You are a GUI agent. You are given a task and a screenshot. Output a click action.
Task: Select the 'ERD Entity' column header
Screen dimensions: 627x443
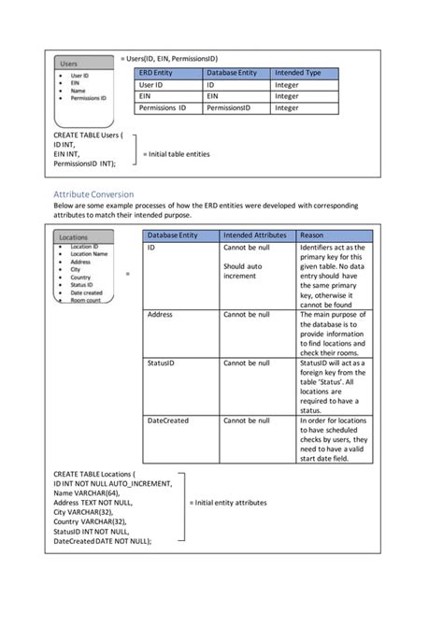coord(157,73)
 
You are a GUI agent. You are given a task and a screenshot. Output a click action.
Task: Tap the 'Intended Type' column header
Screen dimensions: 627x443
coord(297,73)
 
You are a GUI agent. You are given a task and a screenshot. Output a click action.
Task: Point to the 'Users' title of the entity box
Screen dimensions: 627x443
coord(70,64)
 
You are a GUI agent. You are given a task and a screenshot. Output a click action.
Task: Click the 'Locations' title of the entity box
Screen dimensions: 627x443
coord(74,237)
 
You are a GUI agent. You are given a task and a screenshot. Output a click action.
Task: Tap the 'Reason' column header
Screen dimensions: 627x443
coord(313,235)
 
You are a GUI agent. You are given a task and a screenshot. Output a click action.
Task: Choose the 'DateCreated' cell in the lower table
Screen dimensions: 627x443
coord(168,421)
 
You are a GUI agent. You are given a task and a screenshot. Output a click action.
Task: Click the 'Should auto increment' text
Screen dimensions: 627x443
coord(242,271)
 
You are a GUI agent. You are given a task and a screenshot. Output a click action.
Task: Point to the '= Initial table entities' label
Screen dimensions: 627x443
coord(176,154)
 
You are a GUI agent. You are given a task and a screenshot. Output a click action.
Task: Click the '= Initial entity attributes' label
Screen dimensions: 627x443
coord(228,503)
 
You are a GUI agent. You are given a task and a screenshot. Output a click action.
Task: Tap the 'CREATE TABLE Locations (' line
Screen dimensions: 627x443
coord(99,475)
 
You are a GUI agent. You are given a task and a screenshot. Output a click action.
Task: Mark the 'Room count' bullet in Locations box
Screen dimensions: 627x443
coord(84,301)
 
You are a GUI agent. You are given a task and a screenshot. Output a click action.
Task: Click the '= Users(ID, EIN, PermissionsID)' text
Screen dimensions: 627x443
coord(169,57)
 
